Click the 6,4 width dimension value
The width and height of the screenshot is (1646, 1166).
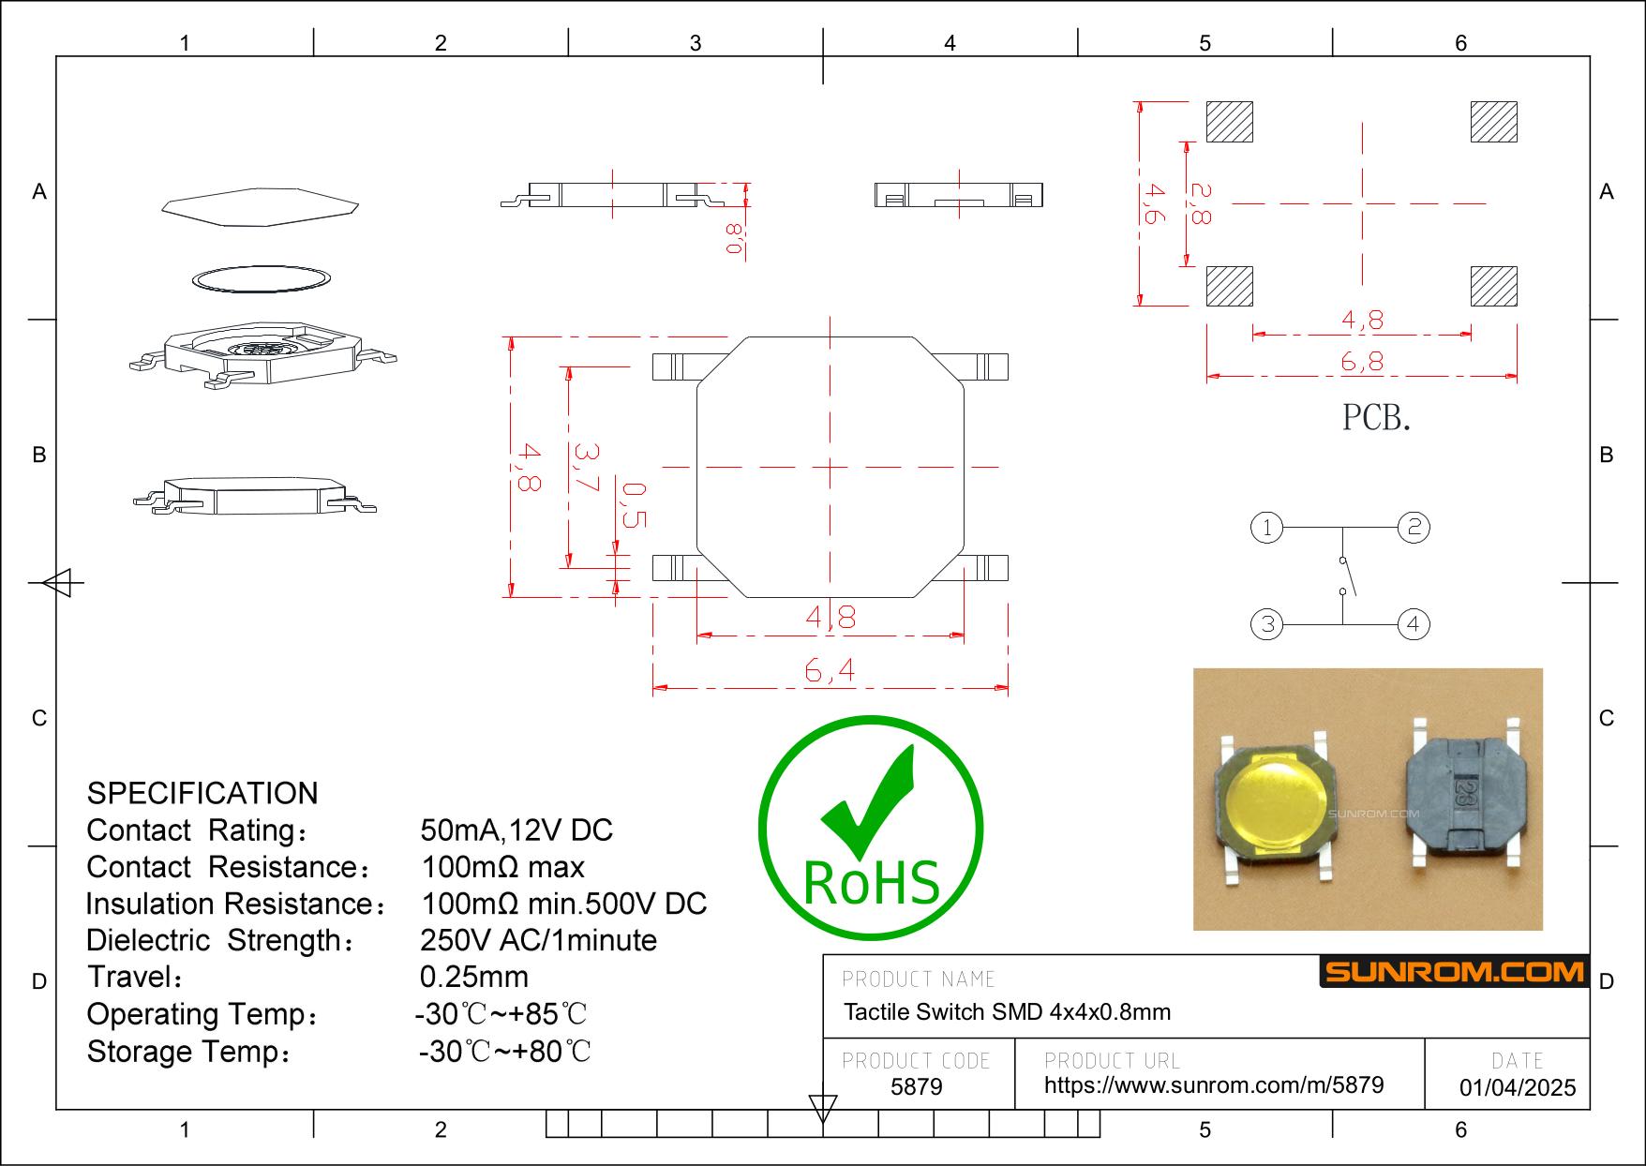pyautogui.click(x=830, y=671)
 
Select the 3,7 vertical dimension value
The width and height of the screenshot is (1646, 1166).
pyautogui.click(x=586, y=468)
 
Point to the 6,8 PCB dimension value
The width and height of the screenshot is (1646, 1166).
pyautogui.click(x=1362, y=362)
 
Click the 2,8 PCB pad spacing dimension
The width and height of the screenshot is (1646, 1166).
pyautogui.click(x=1200, y=202)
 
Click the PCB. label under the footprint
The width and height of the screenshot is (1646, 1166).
pyautogui.click(x=1376, y=417)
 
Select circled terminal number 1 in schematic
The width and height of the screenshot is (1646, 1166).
pyautogui.click(x=1267, y=528)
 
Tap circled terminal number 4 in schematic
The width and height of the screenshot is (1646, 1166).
pyautogui.click(x=1414, y=624)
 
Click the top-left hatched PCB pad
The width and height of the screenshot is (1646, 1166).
pyautogui.click(x=1229, y=121)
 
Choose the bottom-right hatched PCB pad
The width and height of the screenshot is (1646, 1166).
pyautogui.click(x=1493, y=286)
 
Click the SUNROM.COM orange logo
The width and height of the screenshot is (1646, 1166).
pyautogui.click(x=1454, y=971)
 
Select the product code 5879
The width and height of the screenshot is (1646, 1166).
pyautogui.click(x=916, y=1086)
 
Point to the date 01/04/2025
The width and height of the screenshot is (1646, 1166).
pyautogui.click(x=1518, y=1087)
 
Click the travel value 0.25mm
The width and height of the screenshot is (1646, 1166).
pyautogui.click(x=473, y=977)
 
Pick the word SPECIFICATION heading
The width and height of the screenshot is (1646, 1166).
pyautogui.click(x=202, y=793)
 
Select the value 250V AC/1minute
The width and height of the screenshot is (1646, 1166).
pyautogui.click(x=538, y=940)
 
